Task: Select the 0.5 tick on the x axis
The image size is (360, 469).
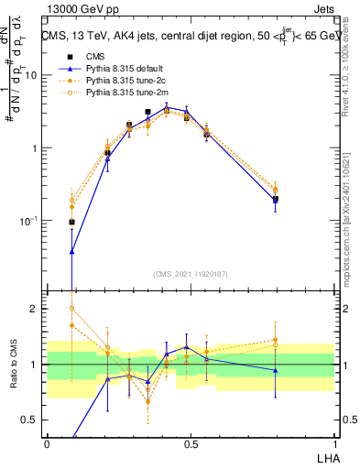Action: click(x=190, y=443)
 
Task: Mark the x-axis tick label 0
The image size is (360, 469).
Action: click(x=47, y=443)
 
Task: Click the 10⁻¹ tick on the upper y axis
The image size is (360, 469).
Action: click(x=29, y=221)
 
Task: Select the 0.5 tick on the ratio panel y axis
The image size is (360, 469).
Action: click(x=32, y=420)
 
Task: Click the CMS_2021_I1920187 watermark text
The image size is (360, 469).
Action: click(x=190, y=273)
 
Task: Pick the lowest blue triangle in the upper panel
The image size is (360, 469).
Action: click(x=72, y=251)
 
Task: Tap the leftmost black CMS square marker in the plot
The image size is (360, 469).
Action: click(x=72, y=222)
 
